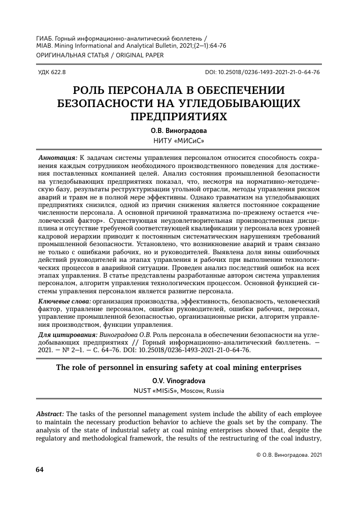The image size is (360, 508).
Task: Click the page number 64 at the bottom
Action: coord(40,469)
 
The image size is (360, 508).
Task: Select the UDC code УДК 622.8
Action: coord(52,73)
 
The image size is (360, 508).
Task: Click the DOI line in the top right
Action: coord(262,73)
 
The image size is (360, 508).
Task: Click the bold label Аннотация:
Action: coord(58,159)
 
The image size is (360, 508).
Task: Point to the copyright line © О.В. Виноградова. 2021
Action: coord(286,455)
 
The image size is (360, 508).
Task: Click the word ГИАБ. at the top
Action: coord(46,38)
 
